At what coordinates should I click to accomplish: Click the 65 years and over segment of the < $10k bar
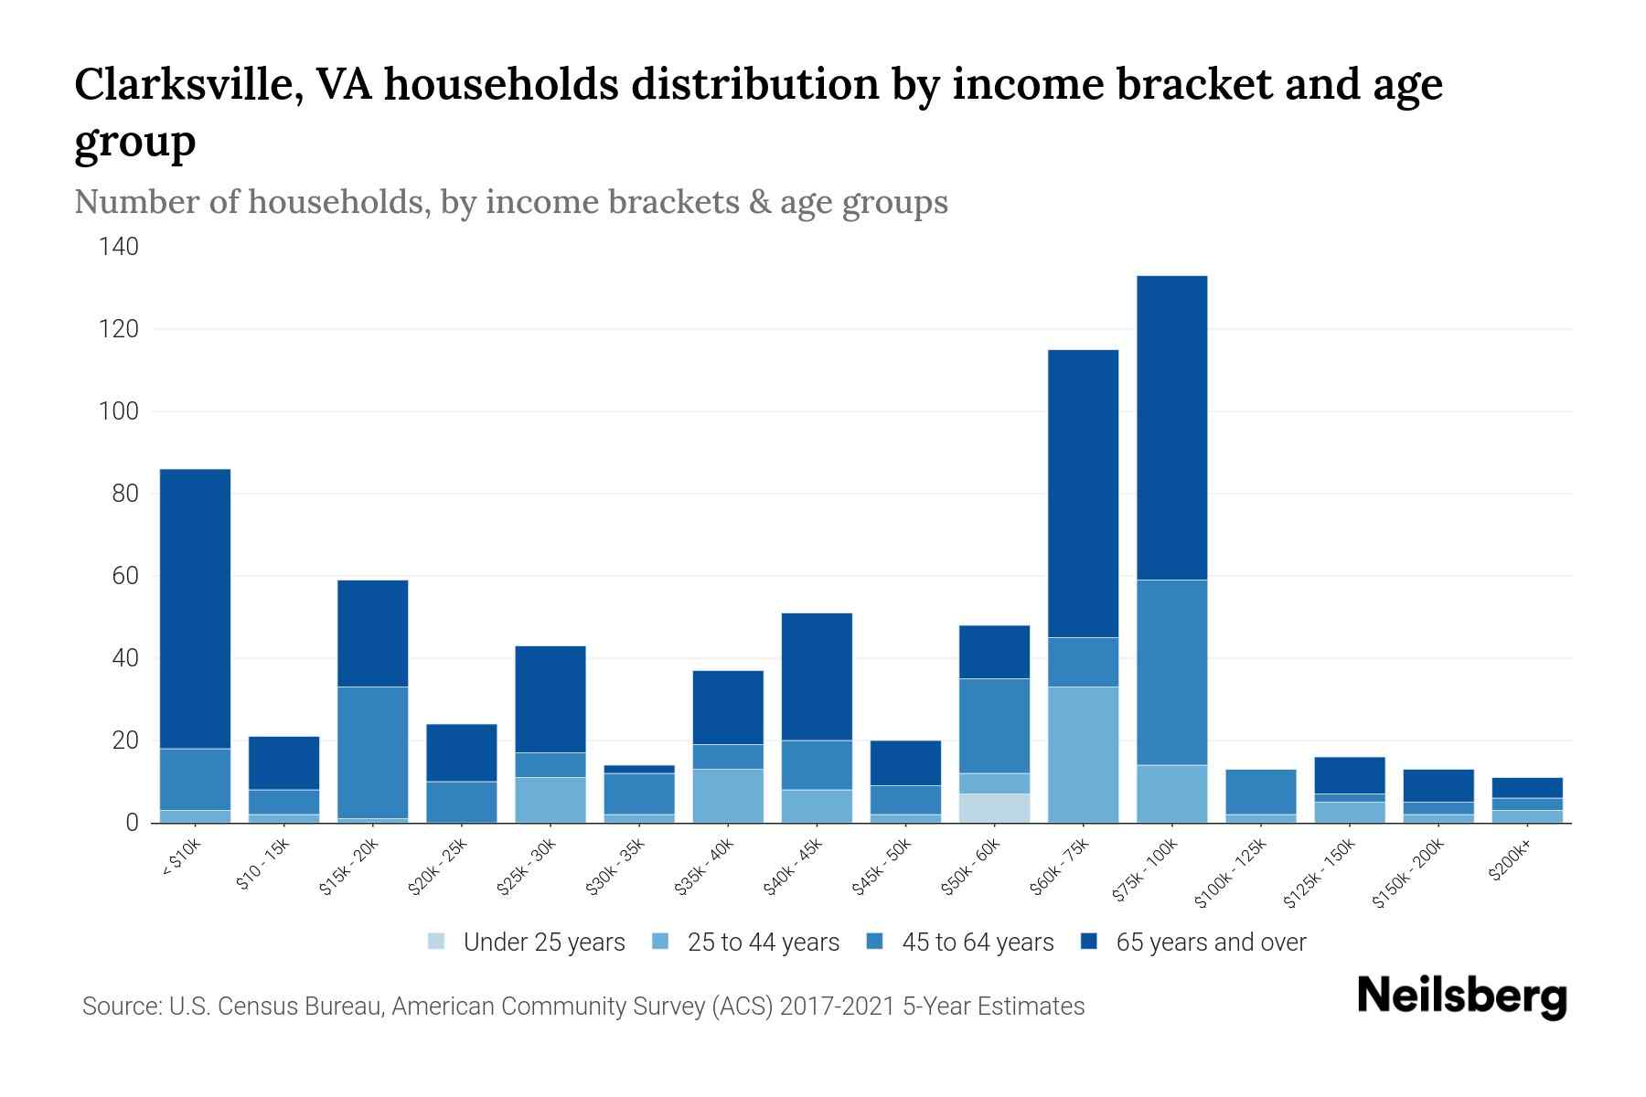point(195,609)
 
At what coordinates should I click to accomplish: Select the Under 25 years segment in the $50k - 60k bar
point(994,808)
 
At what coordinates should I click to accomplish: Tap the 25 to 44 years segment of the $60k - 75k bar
point(1083,754)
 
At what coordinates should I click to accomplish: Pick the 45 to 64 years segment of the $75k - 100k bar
point(1171,672)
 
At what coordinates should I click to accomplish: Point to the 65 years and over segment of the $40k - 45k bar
point(817,676)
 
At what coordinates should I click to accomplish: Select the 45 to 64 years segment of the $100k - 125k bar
point(1260,792)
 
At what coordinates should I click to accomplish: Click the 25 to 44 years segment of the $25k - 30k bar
point(550,800)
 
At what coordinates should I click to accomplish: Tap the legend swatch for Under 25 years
point(437,942)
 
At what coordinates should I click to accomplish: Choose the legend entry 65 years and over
point(1210,942)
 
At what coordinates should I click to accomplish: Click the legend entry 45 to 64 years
point(977,942)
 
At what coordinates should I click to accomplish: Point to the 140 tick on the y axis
point(120,247)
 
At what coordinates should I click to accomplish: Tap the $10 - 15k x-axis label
point(263,863)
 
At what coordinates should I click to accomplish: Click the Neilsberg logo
point(1461,996)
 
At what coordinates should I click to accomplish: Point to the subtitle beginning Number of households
point(510,202)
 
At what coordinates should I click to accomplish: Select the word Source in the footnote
point(120,1006)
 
